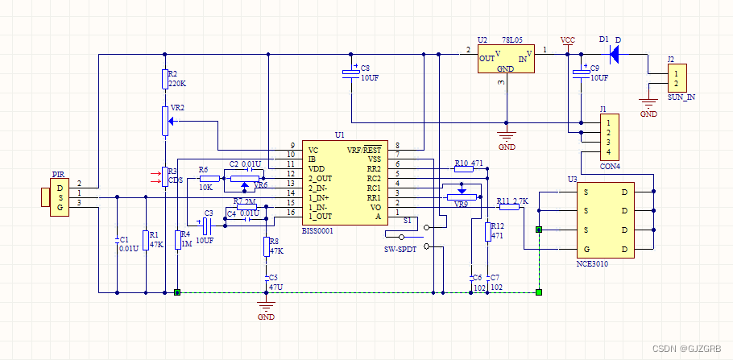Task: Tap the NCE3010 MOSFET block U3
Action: pyautogui.click(x=604, y=219)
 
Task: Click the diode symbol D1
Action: pyautogui.click(x=615, y=54)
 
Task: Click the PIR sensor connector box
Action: pyautogui.click(x=60, y=199)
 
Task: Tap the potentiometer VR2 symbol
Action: pyautogui.click(x=165, y=122)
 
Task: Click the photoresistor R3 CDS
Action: pyautogui.click(x=164, y=175)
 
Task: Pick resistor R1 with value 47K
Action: pyautogui.click(x=145, y=239)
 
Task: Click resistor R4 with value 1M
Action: pyautogui.click(x=177, y=240)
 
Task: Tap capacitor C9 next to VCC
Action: pyautogui.click(x=580, y=74)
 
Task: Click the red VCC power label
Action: pyautogui.click(x=568, y=40)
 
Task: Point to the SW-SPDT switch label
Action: pyautogui.click(x=400, y=250)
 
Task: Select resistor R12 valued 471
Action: pyautogui.click(x=487, y=231)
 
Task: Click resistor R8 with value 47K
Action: pyautogui.click(x=266, y=246)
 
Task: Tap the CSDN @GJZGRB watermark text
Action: pyautogui.click(x=686, y=349)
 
